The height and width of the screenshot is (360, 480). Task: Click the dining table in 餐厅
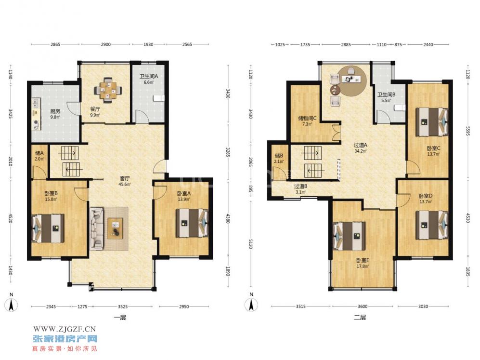click(107, 90)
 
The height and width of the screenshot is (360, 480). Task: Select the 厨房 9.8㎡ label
click(55, 114)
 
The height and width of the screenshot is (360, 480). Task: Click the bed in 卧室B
click(49, 228)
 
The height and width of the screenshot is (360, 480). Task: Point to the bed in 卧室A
click(192, 223)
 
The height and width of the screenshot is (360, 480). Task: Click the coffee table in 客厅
click(115, 228)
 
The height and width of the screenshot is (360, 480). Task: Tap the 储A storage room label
click(39, 156)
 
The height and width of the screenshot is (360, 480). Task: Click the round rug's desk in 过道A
click(352, 80)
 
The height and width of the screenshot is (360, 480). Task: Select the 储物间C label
click(307, 120)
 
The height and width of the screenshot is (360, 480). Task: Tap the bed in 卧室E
click(349, 236)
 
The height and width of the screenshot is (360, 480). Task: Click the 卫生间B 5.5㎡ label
click(386, 97)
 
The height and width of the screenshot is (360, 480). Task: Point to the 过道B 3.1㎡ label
click(300, 189)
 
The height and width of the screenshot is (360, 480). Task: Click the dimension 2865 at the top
click(55, 44)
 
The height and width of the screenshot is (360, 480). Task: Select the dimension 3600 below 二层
click(363, 307)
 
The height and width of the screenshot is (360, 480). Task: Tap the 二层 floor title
click(360, 318)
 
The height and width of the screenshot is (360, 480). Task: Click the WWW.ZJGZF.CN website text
click(65, 329)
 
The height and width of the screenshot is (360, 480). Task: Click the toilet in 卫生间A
click(159, 98)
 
